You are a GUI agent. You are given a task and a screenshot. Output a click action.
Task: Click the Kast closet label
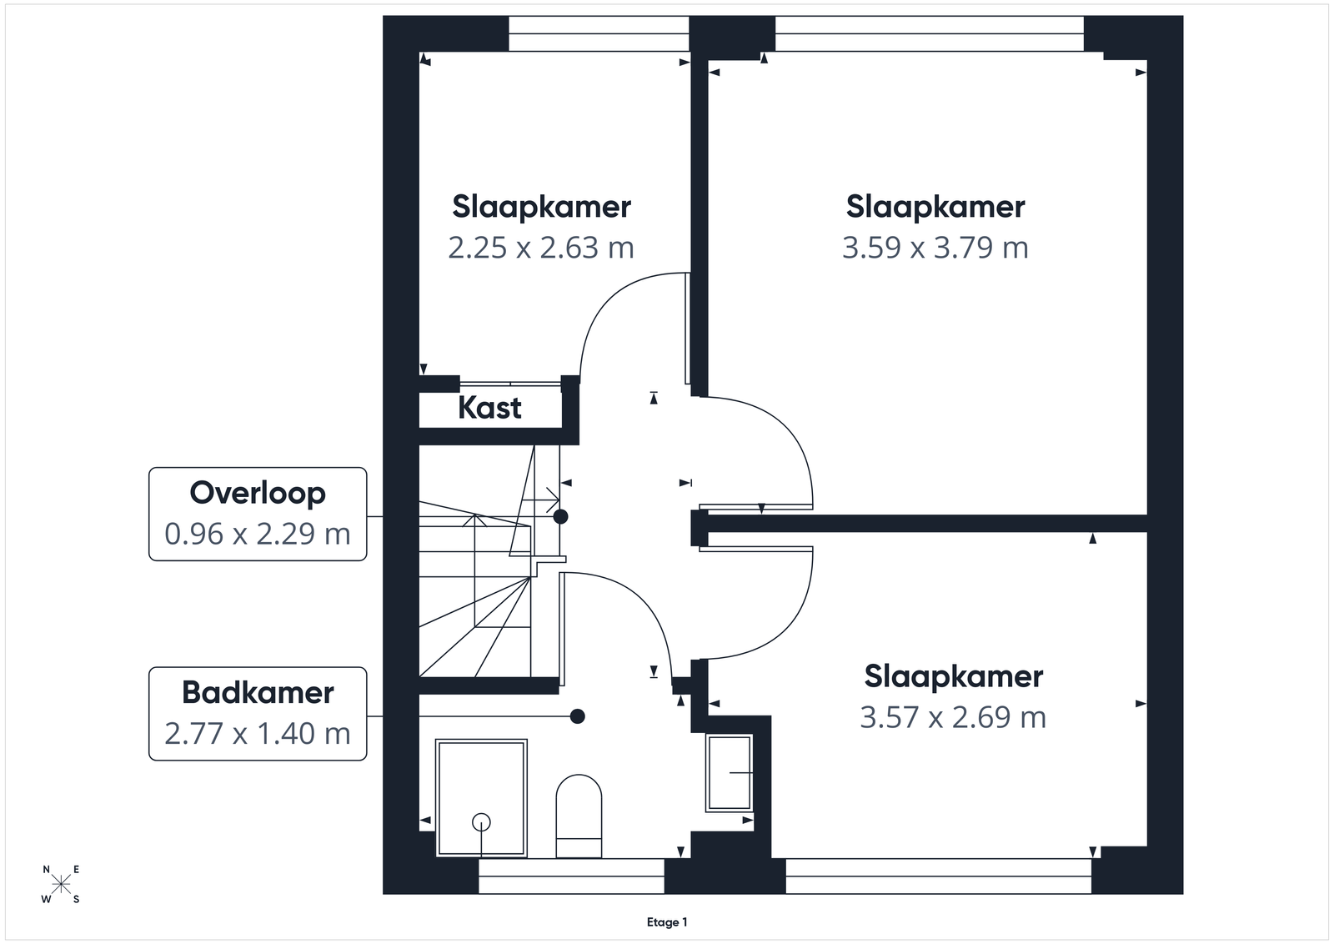489,408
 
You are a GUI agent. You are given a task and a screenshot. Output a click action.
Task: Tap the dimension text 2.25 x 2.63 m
541,248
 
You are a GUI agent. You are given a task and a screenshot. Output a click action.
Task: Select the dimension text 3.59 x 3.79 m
935,248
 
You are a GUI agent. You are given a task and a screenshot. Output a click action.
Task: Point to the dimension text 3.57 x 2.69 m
953,717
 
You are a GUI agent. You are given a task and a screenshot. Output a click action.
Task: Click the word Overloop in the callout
258,493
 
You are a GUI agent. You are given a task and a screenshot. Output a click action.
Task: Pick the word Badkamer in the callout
258,693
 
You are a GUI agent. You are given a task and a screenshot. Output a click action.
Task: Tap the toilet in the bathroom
579,816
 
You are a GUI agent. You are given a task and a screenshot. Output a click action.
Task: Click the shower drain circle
481,822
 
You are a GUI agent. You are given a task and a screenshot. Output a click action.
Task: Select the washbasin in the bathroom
729,773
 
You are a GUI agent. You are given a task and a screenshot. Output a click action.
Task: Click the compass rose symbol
61,885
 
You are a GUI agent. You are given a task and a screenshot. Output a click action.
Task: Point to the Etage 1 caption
667,922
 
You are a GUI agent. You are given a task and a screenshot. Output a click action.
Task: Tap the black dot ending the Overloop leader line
560,516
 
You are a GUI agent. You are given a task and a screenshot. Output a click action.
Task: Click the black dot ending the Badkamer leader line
577,716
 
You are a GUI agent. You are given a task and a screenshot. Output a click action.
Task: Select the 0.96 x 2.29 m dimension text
258,534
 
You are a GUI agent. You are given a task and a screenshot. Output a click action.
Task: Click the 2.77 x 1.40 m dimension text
258,733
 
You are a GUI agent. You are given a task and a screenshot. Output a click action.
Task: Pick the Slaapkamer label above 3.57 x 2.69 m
954,677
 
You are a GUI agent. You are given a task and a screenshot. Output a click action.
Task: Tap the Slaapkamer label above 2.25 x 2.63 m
541,208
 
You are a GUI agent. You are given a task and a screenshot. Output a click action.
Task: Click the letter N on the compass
47,870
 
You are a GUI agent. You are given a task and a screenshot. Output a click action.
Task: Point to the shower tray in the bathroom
481,798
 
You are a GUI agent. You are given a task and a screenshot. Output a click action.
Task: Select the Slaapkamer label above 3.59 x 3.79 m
935,208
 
